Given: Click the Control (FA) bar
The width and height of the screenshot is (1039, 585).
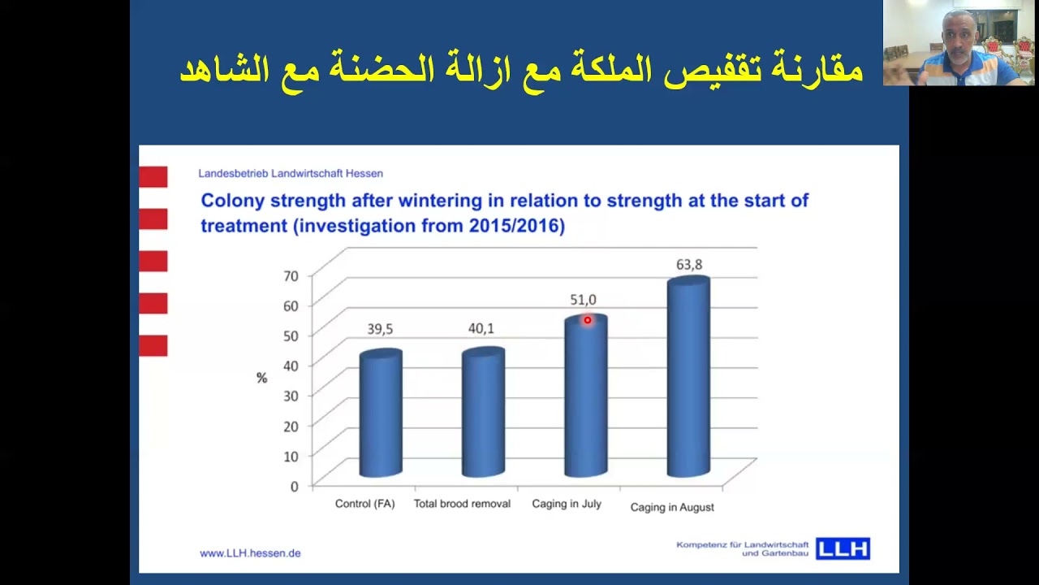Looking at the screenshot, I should point(381,414).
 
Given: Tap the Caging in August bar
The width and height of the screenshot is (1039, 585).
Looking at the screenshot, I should point(688,378).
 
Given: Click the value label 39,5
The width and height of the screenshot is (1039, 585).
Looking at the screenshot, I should point(380,329).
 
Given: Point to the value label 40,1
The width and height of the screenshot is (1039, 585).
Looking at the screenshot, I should point(481,328).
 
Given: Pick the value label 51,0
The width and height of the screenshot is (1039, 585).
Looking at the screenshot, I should point(583,301).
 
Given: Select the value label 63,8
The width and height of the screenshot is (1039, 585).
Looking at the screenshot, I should point(689,265).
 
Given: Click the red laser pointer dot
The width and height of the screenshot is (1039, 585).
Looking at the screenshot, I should point(588,320).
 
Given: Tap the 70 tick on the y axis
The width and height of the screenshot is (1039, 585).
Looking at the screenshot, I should point(291,275).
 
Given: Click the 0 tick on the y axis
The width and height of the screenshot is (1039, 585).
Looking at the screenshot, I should point(294,486).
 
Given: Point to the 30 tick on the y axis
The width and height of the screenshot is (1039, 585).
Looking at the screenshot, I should point(291,396).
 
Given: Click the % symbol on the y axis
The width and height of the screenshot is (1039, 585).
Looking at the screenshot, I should point(261,378).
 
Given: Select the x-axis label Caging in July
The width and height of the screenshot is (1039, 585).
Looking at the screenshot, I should point(567,504).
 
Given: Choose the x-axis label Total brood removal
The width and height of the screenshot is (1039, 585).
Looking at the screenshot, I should point(462,504).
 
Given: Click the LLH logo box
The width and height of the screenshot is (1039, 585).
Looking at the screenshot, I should point(843,549).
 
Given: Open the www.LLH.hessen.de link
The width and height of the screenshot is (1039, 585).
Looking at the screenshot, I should point(250,553).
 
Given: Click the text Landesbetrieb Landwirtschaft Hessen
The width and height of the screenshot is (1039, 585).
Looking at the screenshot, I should point(291,173).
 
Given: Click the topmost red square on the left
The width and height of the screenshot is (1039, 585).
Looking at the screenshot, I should point(153,176).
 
